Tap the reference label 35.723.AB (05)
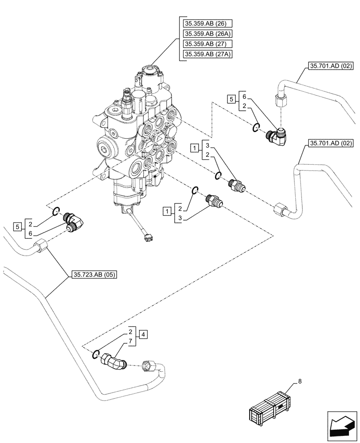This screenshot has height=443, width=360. [x=94, y=275]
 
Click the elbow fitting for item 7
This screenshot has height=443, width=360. [x=115, y=359]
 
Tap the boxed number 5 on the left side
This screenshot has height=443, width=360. [x=17, y=227]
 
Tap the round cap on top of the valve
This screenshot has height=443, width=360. [x=149, y=71]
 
